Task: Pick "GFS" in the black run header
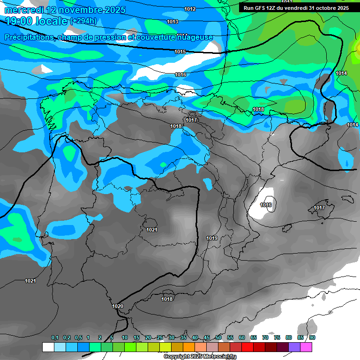264,8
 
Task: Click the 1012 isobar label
190,9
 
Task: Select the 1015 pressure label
180,52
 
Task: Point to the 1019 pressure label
212,239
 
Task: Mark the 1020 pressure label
118,306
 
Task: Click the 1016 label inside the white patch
266,205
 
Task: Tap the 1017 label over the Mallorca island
319,208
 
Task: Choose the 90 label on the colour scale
312,338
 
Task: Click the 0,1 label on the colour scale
55,338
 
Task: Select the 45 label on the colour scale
207,338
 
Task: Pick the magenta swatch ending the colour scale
307,347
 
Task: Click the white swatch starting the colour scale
48,347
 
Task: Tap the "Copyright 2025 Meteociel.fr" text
200,356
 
